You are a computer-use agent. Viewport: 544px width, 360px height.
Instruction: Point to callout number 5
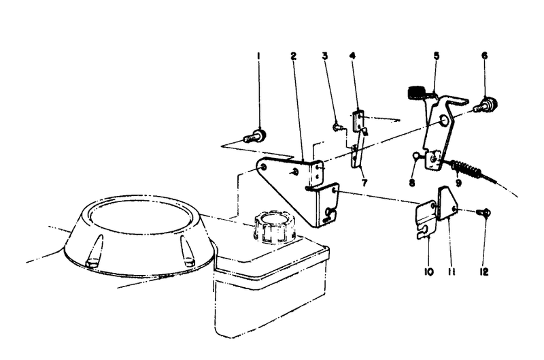(x=436, y=56)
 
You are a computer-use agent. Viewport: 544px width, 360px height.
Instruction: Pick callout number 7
(x=364, y=183)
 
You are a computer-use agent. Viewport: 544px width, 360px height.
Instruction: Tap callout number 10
(x=429, y=272)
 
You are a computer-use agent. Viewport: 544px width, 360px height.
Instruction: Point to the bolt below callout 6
(x=488, y=105)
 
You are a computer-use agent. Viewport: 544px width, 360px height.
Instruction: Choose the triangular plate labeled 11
(x=447, y=203)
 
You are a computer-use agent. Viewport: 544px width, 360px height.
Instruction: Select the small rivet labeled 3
(x=337, y=126)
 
